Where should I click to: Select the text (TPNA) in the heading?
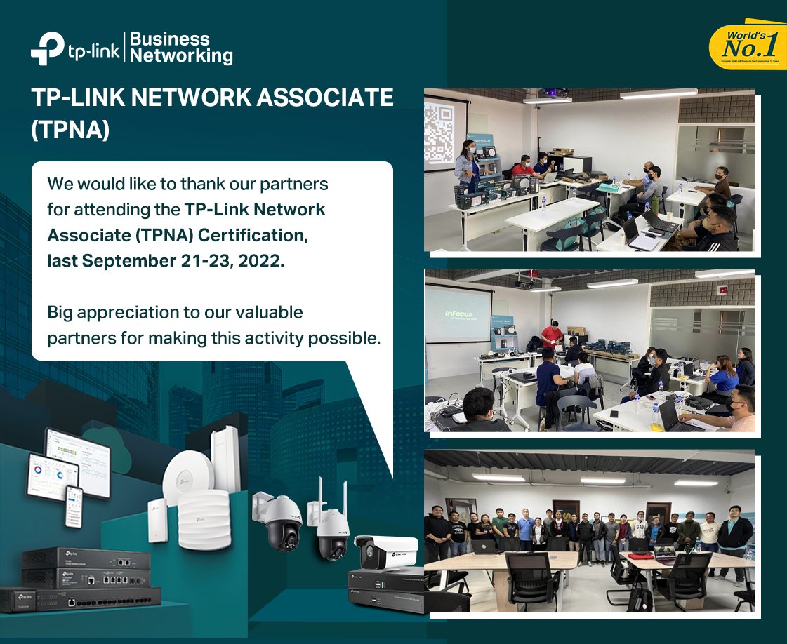click(70, 130)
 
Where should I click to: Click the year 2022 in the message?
click(261, 260)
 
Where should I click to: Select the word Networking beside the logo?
click(182, 55)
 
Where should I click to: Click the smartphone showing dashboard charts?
click(74, 506)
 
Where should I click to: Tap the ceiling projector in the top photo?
click(552, 95)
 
